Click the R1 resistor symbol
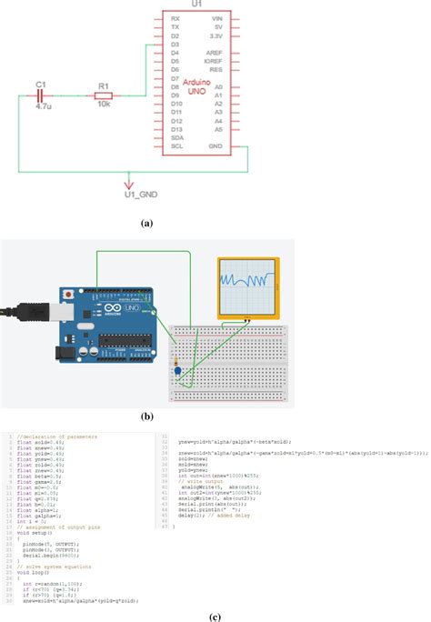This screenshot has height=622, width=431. pos(104,95)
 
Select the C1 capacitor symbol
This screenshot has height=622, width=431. pos(41,95)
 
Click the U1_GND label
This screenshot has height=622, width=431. pos(140,194)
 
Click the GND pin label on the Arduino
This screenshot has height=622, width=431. pos(215,145)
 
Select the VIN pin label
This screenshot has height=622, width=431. pos(216,18)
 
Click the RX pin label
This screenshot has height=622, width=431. pos(174,18)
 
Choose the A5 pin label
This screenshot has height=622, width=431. pos(218,128)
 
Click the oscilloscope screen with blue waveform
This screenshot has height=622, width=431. pos(249,286)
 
